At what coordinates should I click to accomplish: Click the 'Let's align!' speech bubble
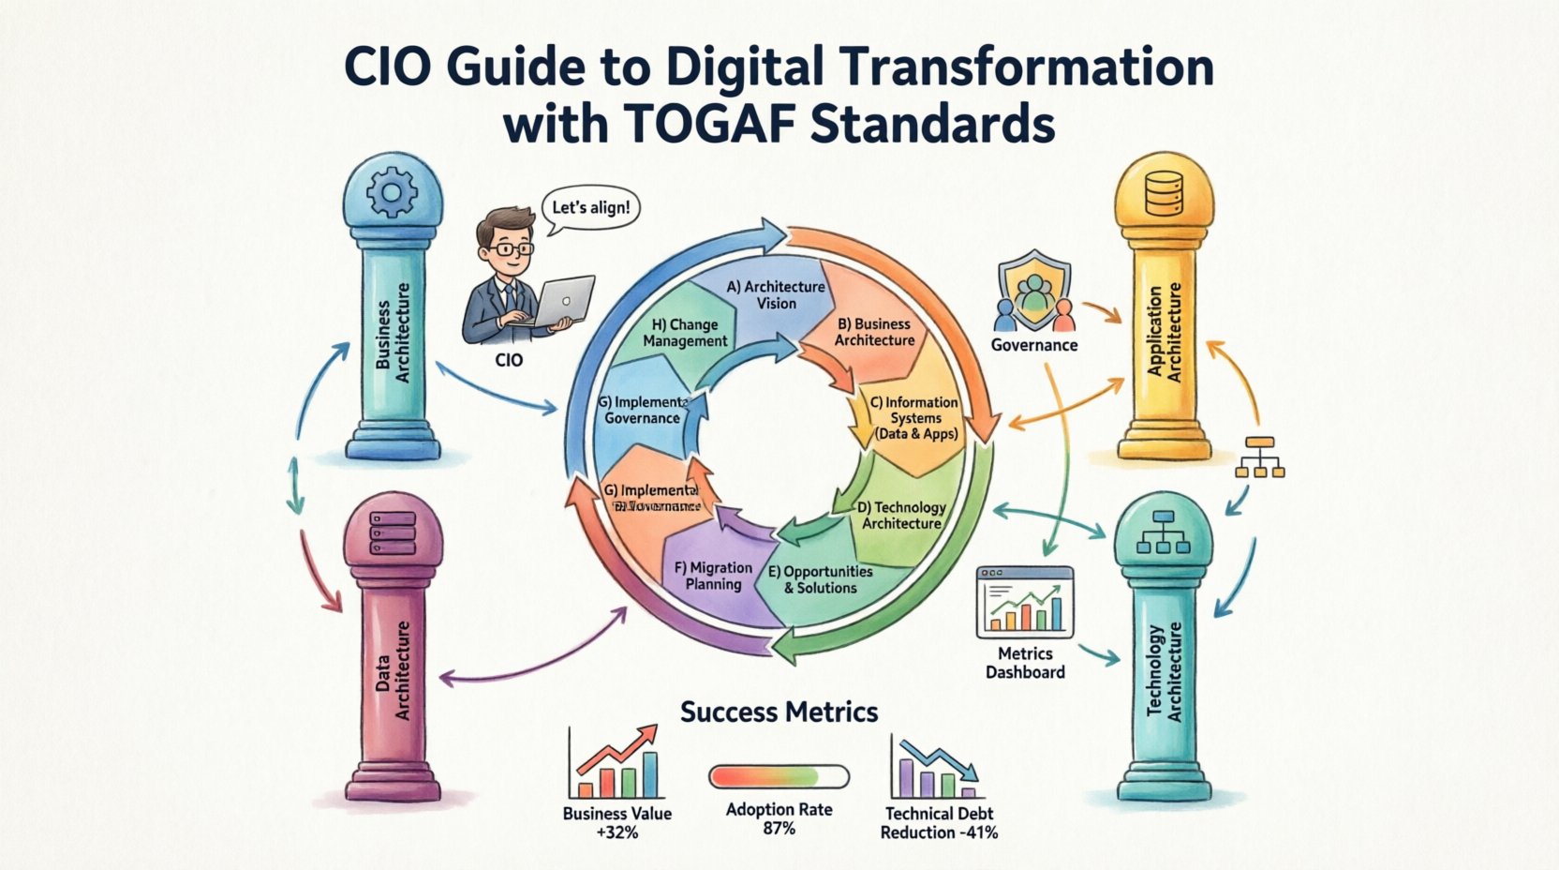[x=590, y=207]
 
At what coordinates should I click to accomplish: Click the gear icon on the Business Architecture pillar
[x=392, y=194]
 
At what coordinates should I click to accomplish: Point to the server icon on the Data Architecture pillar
[x=393, y=532]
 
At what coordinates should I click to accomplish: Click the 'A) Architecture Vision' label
[x=777, y=294]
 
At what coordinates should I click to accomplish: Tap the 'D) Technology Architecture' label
[x=902, y=515]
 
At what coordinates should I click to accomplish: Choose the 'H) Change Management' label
[x=685, y=333]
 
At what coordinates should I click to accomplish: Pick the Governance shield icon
[x=1032, y=291]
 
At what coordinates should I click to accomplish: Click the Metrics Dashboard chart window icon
[x=1025, y=602]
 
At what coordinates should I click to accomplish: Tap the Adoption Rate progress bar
[x=779, y=776]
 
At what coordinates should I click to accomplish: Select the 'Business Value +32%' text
[x=616, y=822]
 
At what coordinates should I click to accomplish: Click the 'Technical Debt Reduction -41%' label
[x=939, y=823]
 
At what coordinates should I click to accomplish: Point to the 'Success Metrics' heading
[x=779, y=712]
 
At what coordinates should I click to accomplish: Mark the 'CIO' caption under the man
[x=509, y=359]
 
